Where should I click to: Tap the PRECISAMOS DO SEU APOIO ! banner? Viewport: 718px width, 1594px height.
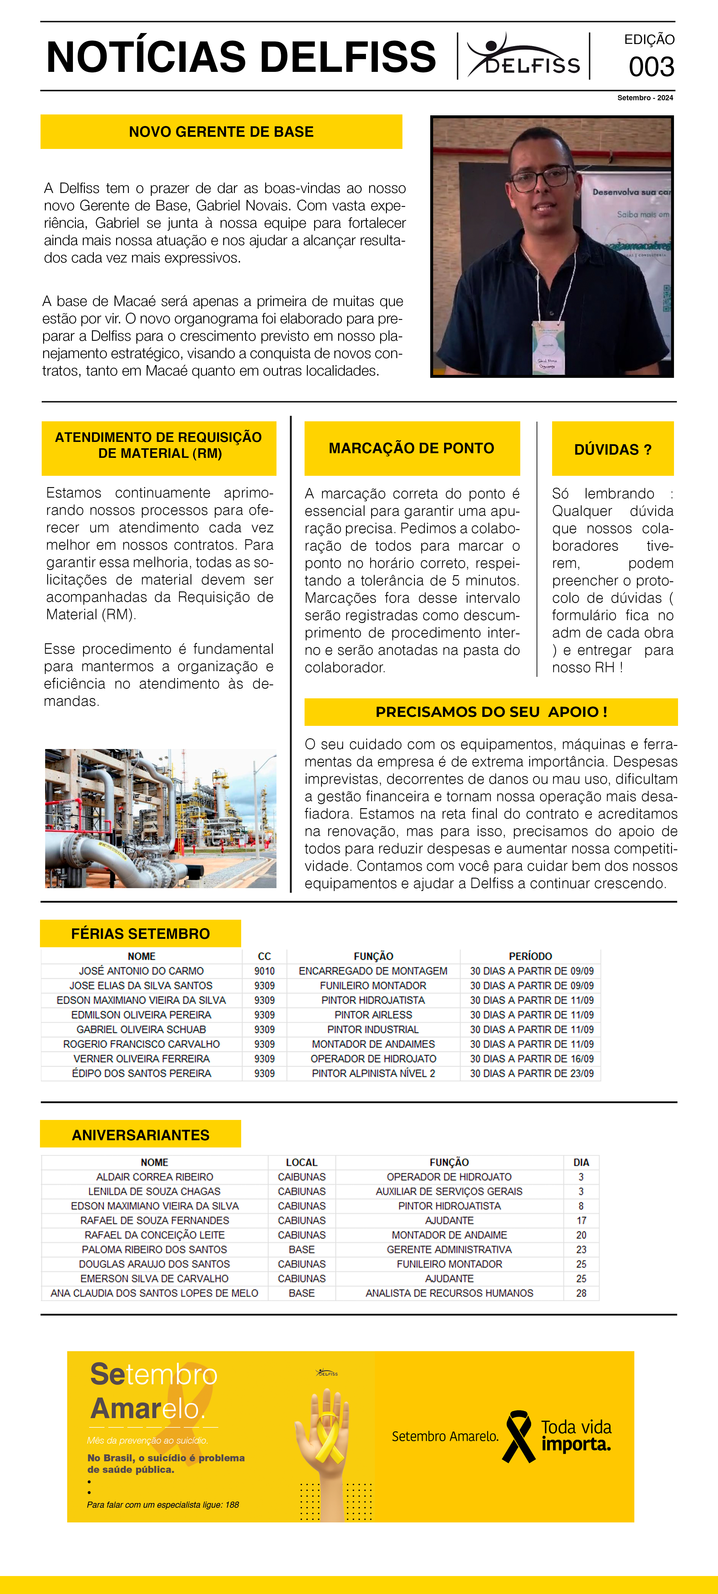coord(491,712)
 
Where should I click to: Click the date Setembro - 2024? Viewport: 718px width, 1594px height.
coord(645,98)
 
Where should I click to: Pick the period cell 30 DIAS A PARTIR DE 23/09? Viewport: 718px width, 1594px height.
coord(531,1073)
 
